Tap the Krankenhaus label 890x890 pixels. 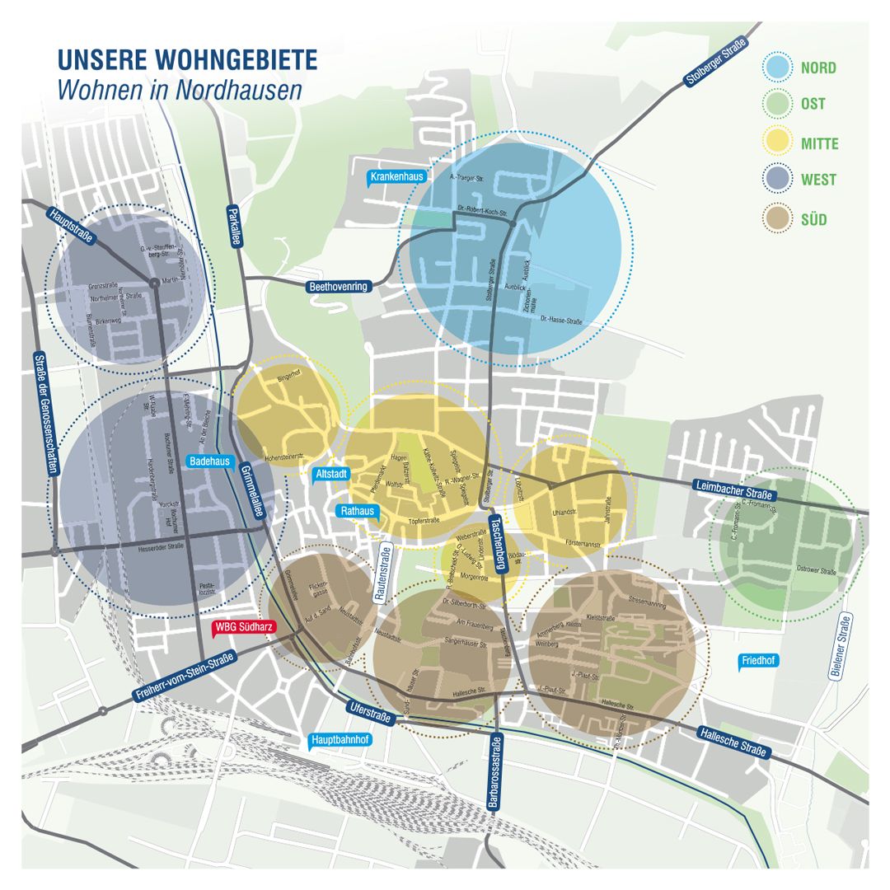coord(396,176)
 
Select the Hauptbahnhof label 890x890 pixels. coord(340,740)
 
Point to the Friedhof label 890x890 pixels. coord(758,661)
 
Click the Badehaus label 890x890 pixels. coord(209,461)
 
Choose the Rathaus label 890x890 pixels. coord(358,511)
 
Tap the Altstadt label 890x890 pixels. coord(331,474)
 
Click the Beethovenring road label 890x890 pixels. coord(339,287)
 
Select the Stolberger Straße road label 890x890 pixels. coord(715,62)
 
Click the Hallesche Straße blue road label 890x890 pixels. coord(733,742)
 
